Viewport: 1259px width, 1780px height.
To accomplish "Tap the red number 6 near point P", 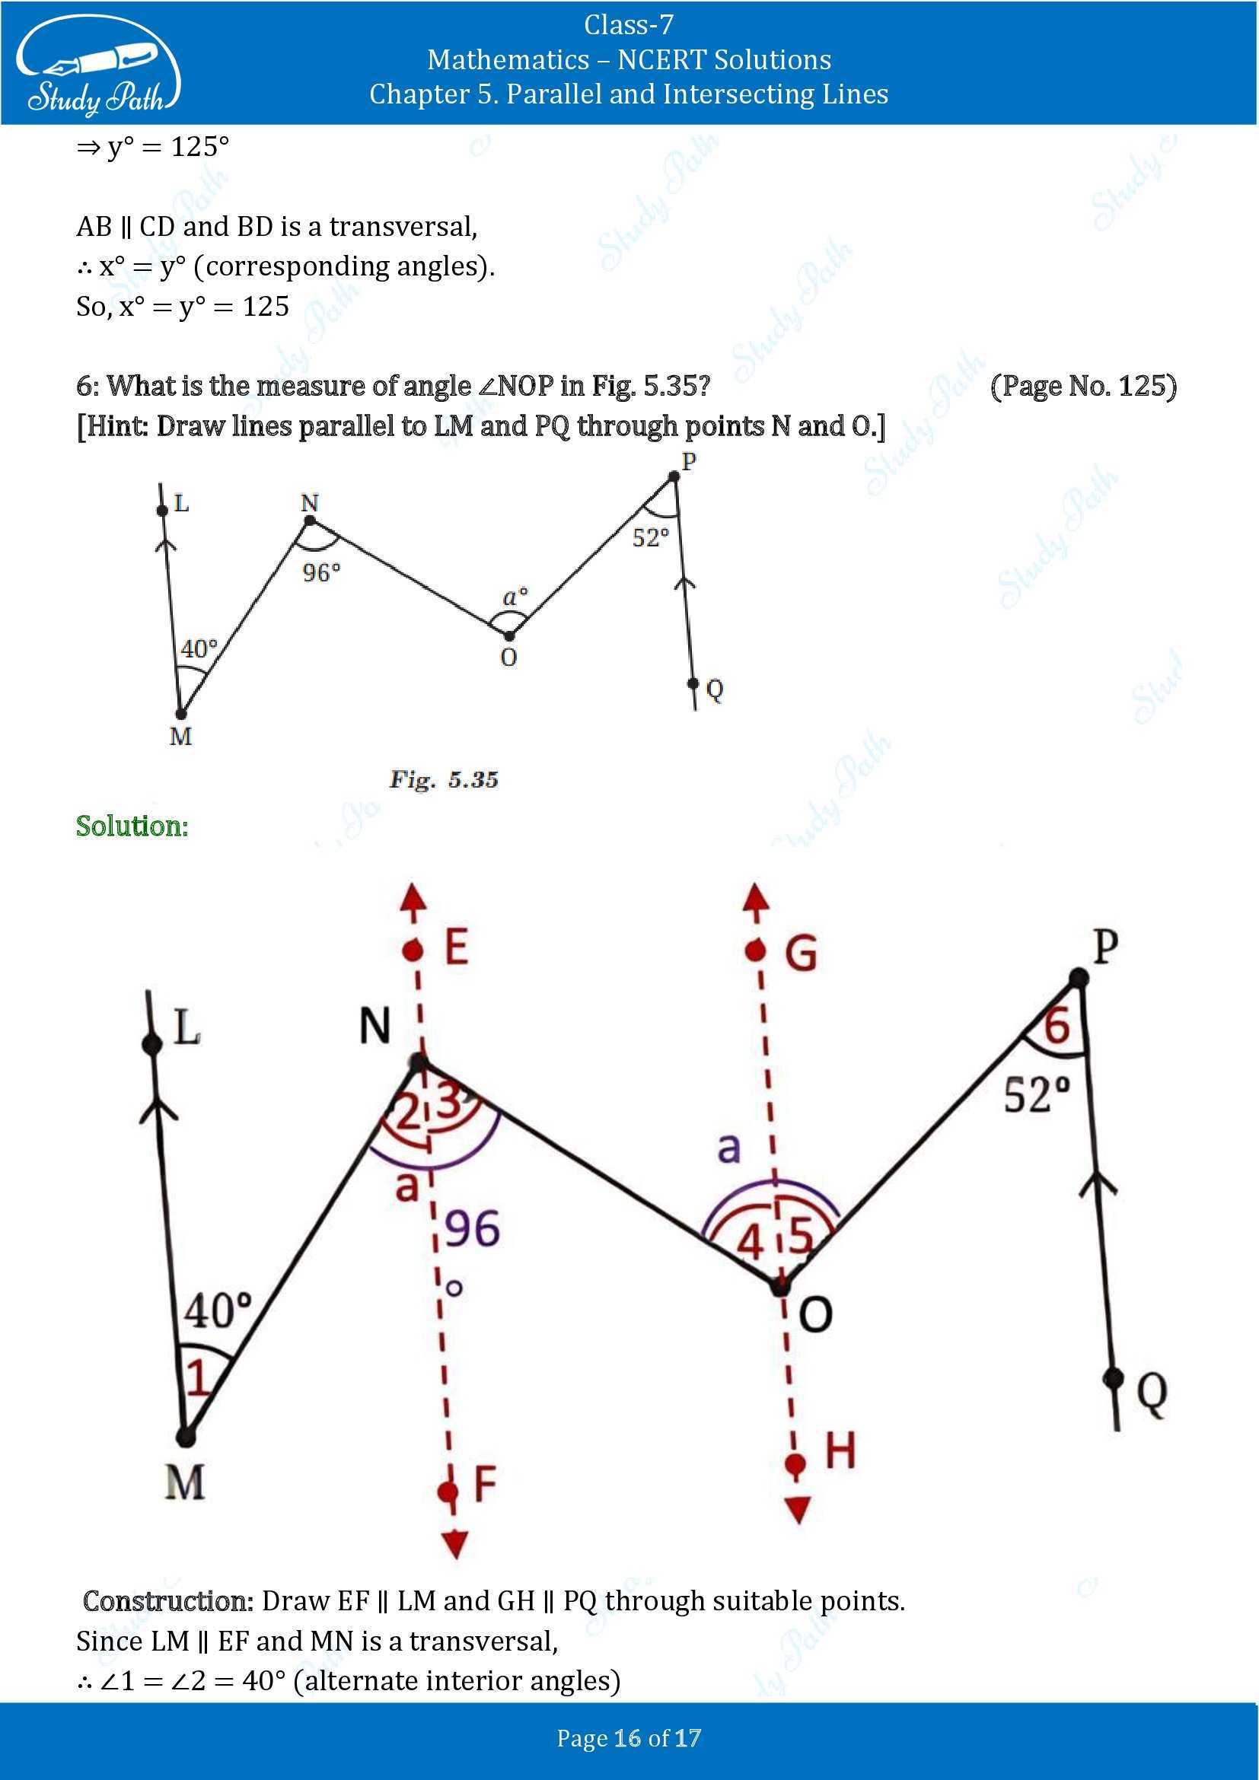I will [x=1056, y=1027].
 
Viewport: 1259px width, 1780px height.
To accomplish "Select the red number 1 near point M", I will [x=198, y=1379].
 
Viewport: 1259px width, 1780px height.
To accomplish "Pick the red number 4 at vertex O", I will [x=750, y=1242].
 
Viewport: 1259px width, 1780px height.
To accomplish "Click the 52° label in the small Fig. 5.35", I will [x=649, y=537].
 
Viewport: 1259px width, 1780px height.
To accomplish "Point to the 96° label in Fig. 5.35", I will [x=321, y=573].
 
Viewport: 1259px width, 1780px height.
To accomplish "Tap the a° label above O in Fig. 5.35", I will [x=515, y=596].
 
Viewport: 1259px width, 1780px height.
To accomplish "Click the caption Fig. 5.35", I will [x=444, y=779].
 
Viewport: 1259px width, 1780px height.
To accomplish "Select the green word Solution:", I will [x=132, y=826].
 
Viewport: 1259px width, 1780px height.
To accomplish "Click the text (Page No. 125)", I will [x=1083, y=385].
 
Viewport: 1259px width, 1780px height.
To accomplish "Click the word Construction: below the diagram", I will [x=168, y=1601].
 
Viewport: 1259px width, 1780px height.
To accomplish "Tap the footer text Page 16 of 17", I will [x=629, y=1738].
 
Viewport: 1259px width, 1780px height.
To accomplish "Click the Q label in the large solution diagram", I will [x=1152, y=1393].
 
